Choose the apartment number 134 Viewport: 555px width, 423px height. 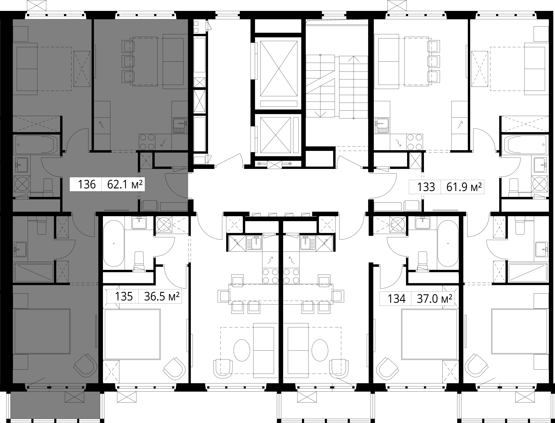coord(397,299)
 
